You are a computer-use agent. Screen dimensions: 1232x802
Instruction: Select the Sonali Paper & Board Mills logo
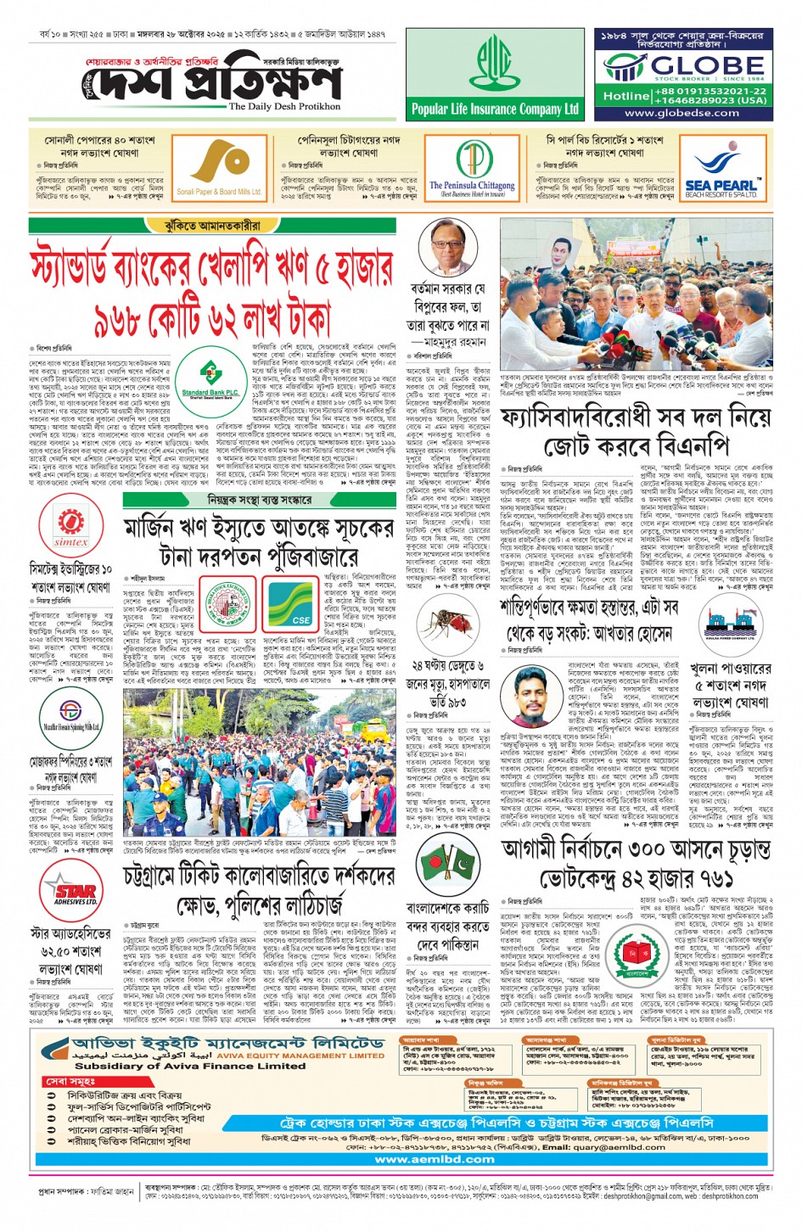pyautogui.click(x=219, y=166)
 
